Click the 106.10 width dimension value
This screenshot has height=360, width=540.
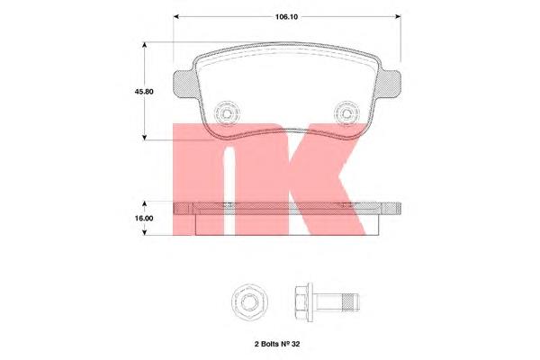[286, 17]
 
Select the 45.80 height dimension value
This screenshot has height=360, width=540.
[144, 92]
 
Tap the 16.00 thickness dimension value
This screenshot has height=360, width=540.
[144, 218]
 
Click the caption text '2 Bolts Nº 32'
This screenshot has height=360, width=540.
[277, 344]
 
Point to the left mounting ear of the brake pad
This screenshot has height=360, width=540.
[185, 84]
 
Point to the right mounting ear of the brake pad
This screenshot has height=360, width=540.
[388, 84]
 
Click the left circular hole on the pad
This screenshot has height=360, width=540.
[227, 113]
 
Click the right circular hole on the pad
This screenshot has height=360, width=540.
[347, 113]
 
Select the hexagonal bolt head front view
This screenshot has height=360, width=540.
[249, 302]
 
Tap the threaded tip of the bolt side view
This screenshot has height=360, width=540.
[351, 302]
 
